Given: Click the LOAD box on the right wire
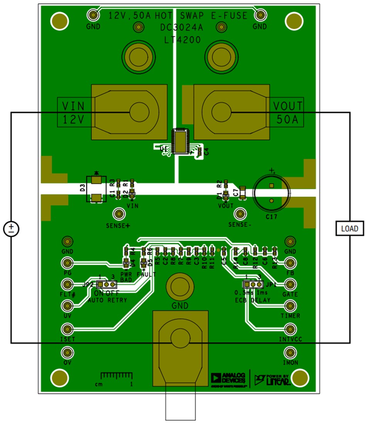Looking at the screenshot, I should click(349, 229).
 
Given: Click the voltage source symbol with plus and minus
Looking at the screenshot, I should click(11, 229).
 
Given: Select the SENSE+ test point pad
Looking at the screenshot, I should click(118, 214).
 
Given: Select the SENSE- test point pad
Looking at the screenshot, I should click(241, 214).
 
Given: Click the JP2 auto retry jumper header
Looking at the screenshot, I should click(106, 284).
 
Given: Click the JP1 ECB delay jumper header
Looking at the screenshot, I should click(253, 284).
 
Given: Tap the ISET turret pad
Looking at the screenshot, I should click(67, 329).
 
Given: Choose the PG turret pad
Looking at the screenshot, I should click(67, 263).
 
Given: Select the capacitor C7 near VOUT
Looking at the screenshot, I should click(242, 192).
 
